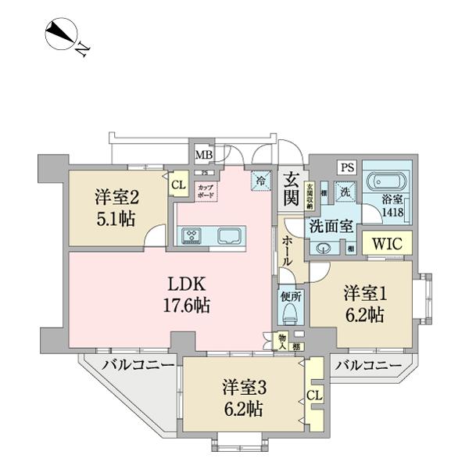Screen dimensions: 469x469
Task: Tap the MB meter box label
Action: click(x=202, y=154)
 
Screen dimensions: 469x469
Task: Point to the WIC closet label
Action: click(x=386, y=244)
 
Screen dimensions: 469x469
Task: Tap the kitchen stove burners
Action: click(x=192, y=236)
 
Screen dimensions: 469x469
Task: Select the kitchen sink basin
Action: click(x=231, y=236)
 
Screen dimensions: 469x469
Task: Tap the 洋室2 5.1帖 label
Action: click(x=118, y=208)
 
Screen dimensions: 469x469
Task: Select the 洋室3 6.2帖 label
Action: click(x=242, y=398)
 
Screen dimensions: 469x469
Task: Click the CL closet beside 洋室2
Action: click(x=178, y=184)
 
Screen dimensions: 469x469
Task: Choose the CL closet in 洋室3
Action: click(x=315, y=396)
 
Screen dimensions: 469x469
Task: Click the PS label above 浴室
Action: click(x=347, y=167)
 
